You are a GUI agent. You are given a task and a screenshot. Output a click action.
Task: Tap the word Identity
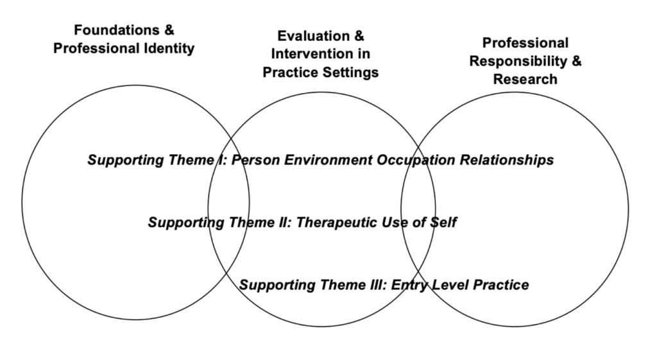(x=169, y=49)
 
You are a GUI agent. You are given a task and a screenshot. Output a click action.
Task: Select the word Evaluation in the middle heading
(x=313, y=36)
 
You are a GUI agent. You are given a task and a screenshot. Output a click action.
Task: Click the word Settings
(x=350, y=73)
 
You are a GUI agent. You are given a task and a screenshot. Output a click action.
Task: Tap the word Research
(x=525, y=79)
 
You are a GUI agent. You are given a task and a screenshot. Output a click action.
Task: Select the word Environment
(x=328, y=160)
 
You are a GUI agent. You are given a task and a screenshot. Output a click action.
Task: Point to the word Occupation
(x=416, y=160)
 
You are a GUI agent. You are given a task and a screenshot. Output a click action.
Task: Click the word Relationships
(x=507, y=160)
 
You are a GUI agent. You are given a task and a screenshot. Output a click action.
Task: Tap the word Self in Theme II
(x=443, y=222)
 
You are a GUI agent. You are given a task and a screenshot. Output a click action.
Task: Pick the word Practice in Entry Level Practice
(x=501, y=285)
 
